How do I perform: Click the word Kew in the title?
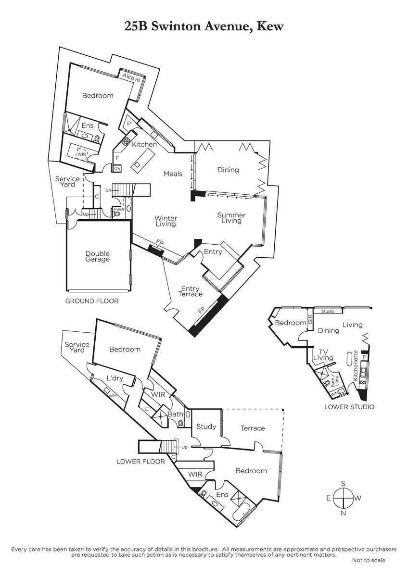point(270,26)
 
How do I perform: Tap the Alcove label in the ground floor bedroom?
point(131,77)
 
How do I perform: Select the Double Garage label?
point(97,256)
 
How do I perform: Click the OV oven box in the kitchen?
point(117,169)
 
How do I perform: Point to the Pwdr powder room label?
point(119,210)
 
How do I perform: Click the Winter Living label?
point(166,221)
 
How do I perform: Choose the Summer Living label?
point(231,218)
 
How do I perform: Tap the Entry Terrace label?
point(190,291)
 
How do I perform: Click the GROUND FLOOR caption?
point(92,301)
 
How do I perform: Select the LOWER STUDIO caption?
point(349,407)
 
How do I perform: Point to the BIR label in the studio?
point(310,319)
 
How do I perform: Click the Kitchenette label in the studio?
point(356,366)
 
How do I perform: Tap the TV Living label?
point(323,355)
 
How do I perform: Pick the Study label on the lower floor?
point(206,427)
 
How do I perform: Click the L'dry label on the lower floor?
point(115,378)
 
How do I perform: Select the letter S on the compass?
point(343,484)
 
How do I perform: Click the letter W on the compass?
point(358,498)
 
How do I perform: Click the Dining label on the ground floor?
point(228,170)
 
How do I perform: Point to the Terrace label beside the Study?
point(253,428)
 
